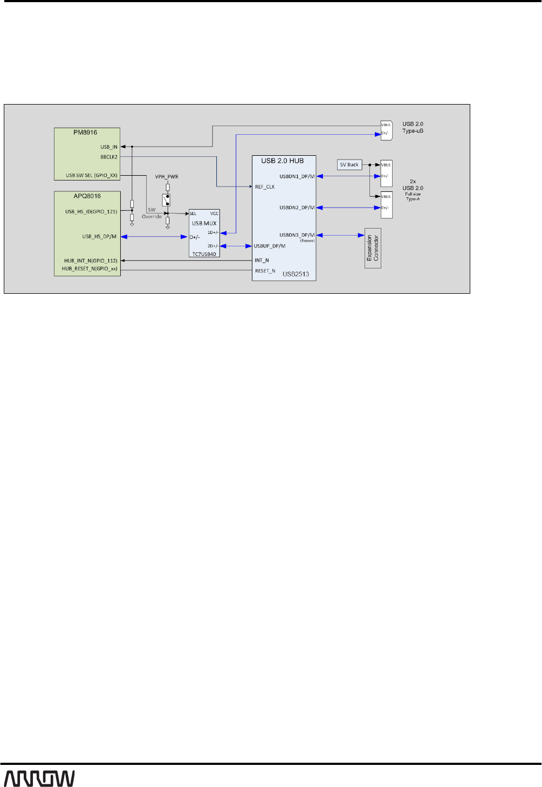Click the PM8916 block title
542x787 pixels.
point(85,132)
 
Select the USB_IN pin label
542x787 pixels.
point(109,147)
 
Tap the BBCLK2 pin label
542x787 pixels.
point(109,157)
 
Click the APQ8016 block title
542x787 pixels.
point(87,196)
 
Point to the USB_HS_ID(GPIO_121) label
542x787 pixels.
point(91,211)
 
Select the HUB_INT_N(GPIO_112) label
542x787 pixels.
point(91,261)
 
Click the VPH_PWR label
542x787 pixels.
point(167,177)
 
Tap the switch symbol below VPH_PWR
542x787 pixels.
point(167,200)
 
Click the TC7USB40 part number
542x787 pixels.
point(204,254)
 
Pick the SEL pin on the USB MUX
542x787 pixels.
point(193,214)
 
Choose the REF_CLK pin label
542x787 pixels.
point(265,187)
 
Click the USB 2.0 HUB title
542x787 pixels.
point(283,161)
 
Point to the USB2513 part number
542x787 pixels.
point(296,274)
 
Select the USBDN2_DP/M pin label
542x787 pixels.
point(297,208)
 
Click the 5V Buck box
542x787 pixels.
point(349,165)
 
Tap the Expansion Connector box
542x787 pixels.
point(373,248)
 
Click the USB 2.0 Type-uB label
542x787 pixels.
point(413,127)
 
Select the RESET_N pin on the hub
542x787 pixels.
point(265,271)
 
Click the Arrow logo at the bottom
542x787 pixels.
point(39,778)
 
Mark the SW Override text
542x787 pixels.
point(152,213)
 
